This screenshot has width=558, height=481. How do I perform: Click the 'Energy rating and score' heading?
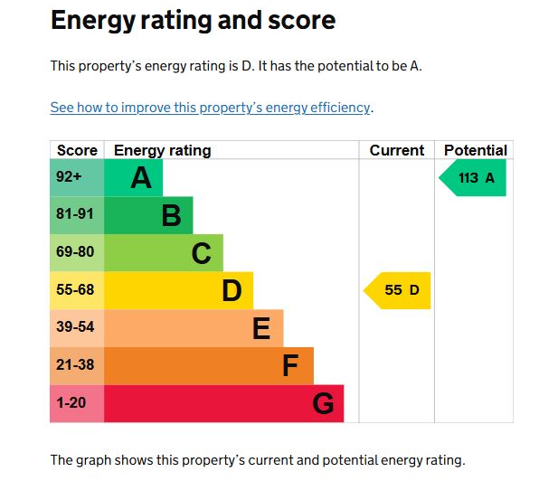193,20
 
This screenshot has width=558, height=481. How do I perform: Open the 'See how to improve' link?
210,108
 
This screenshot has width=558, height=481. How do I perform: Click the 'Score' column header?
77,150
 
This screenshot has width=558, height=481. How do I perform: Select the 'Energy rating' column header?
162,150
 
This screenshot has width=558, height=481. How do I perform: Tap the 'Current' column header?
396,150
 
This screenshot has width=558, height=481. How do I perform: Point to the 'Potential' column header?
475,150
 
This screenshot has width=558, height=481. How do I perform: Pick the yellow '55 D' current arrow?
399,290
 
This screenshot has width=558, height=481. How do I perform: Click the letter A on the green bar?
141,178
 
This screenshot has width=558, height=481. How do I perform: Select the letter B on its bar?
171,216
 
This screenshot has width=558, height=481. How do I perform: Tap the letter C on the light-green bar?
201,253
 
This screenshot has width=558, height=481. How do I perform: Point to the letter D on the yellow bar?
232,291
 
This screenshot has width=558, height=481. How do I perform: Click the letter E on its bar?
261,328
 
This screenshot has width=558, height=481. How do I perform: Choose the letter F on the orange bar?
290,366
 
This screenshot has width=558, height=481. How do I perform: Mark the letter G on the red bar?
323,403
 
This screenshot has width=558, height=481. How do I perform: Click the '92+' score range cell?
70,177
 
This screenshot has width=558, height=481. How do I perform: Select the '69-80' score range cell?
75,252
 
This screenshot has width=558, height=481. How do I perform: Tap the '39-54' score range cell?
75,327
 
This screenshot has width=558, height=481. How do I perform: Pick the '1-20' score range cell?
71,403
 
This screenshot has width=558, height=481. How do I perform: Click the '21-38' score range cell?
75,365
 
